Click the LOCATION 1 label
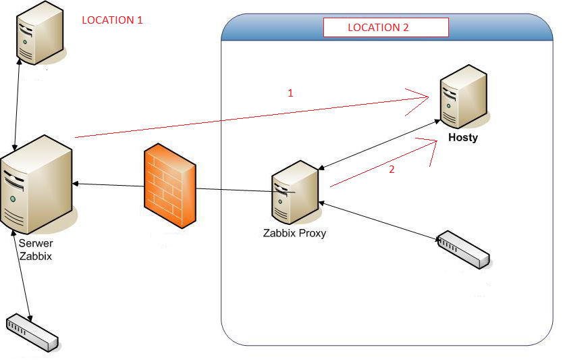tap(112, 20)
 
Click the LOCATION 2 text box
tap(385, 28)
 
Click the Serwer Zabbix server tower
tap(37, 182)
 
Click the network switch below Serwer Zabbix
tap(32, 332)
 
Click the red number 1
tap(291, 93)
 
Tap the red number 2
tap(392, 170)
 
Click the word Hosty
tap(463, 138)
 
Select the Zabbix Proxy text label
tap(294, 234)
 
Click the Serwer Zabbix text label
tap(36, 250)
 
